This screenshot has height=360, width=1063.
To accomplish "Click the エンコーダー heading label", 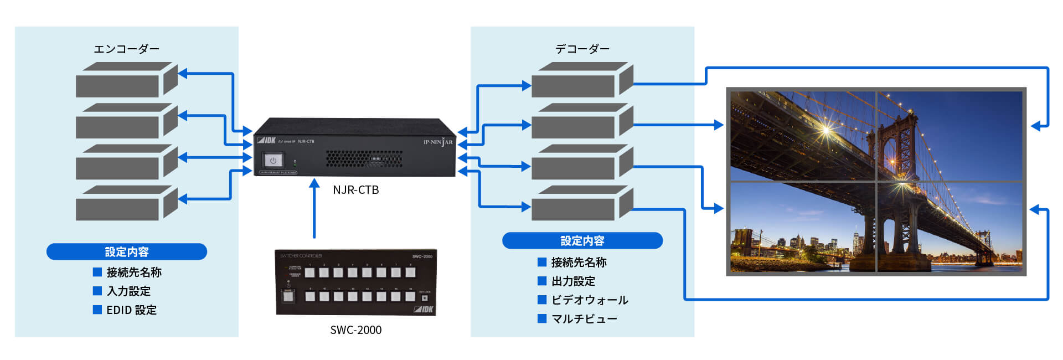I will coord(126,49).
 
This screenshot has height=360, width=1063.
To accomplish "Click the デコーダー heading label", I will coord(582,49).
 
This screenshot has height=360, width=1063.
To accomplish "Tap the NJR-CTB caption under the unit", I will coord(355,190).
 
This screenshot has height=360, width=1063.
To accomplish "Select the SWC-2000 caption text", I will coord(355,330).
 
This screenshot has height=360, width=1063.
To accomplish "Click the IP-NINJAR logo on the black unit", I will coord(437,142).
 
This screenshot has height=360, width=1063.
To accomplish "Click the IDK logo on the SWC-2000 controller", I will coord(424,309).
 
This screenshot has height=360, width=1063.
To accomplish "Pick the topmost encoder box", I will coord(126,81).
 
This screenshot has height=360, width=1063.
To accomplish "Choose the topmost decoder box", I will coord(581,81).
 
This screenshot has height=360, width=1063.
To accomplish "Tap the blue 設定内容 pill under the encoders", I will coord(127,252).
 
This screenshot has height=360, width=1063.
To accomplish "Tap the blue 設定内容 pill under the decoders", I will coord(582,241).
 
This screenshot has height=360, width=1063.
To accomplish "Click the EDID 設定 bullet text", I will coord(131,310).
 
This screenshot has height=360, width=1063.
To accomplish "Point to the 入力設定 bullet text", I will coord(128,291).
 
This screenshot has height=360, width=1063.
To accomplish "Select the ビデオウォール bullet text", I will coord(590,300).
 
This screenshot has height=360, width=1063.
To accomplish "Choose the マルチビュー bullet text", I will coord(584,319).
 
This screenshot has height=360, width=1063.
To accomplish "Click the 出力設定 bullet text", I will coord(573,281).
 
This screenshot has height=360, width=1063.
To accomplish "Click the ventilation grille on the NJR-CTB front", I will coord(363,159).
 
